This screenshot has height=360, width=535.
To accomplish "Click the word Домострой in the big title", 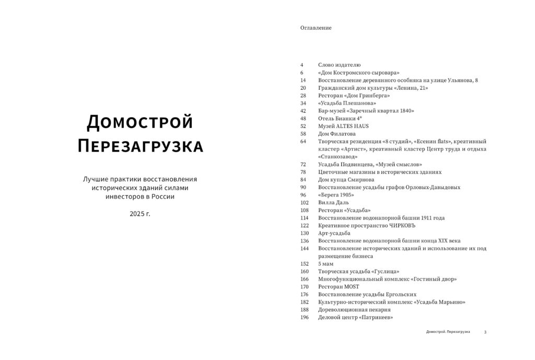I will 140,122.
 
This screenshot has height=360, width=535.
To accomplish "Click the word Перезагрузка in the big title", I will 140,146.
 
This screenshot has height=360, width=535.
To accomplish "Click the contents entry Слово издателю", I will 339,65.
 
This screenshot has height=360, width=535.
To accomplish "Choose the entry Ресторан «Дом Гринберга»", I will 354,96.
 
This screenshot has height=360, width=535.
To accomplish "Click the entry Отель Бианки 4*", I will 340,118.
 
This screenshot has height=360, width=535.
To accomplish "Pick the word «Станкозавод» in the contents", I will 338,156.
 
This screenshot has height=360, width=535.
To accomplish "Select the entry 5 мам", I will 325,264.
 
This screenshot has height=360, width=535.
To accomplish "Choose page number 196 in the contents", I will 305,317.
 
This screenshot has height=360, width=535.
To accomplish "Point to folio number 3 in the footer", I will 485,332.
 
